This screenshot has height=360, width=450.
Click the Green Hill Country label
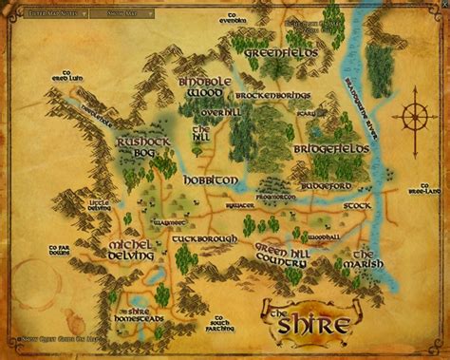click(x=289, y=251)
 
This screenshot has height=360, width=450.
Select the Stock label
click(x=357, y=204)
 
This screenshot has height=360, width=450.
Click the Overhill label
click(x=211, y=112)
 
